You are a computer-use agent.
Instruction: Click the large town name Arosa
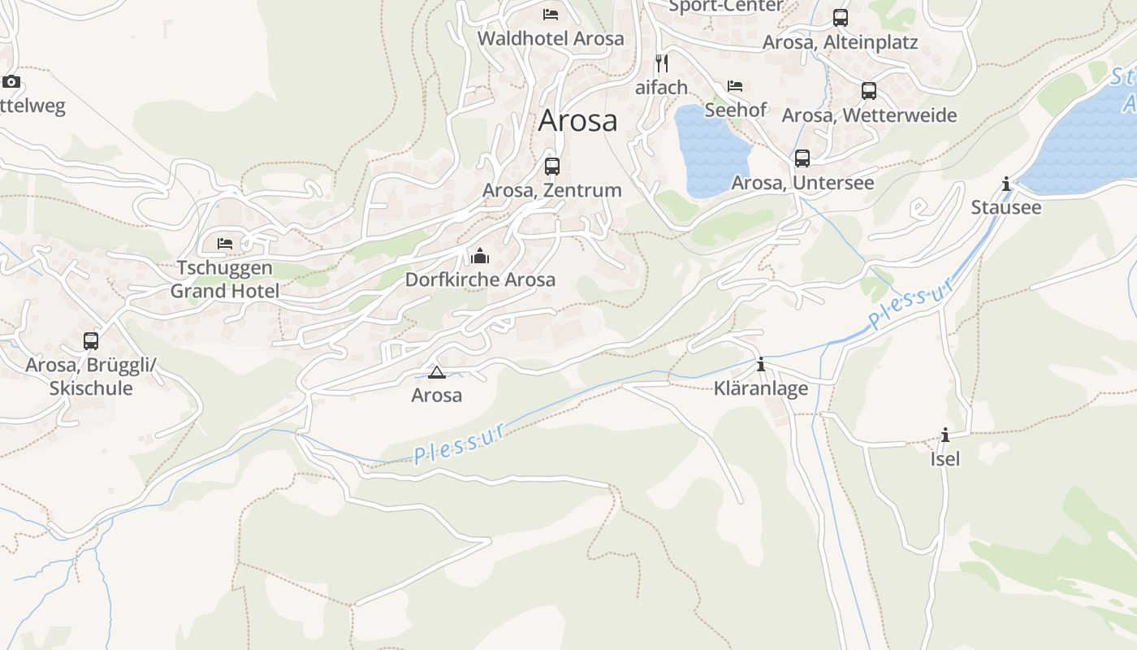[x=577, y=121]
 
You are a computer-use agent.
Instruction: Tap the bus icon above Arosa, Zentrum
[x=552, y=167]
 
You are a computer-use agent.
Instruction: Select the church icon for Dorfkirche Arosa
[x=480, y=257]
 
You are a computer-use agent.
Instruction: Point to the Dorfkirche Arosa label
[x=480, y=279]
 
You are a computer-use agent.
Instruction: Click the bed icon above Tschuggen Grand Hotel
[x=225, y=243]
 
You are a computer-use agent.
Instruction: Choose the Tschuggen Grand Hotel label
[x=225, y=279]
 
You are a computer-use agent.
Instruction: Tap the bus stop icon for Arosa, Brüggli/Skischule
[x=91, y=341]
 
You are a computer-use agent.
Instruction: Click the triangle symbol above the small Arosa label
[x=437, y=373]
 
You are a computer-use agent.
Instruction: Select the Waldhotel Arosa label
[x=551, y=38]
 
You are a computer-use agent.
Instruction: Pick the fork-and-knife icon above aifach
[x=662, y=63]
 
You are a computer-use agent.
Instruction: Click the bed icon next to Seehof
[x=735, y=85]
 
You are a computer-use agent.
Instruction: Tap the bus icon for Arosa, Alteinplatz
[x=841, y=18]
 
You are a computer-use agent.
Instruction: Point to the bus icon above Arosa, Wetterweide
[x=869, y=91]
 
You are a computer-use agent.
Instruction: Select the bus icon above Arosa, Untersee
[x=802, y=158]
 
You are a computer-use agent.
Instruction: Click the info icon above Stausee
[x=1007, y=184]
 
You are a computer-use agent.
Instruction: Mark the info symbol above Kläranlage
[x=761, y=365]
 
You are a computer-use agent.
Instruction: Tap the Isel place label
[x=945, y=459]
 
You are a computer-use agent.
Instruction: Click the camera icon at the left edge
[x=11, y=81]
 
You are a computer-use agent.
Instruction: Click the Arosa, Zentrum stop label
[x=552, y=190]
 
